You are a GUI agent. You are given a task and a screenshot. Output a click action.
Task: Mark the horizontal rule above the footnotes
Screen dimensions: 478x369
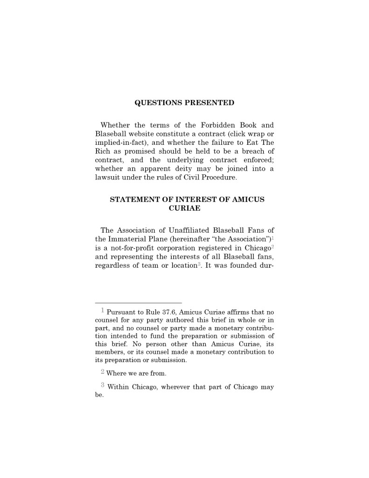pyautogui.click(x=138, y=303)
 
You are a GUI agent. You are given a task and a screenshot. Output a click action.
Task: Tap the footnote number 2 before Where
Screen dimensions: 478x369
pyautogui.click(x=102, y=372)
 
